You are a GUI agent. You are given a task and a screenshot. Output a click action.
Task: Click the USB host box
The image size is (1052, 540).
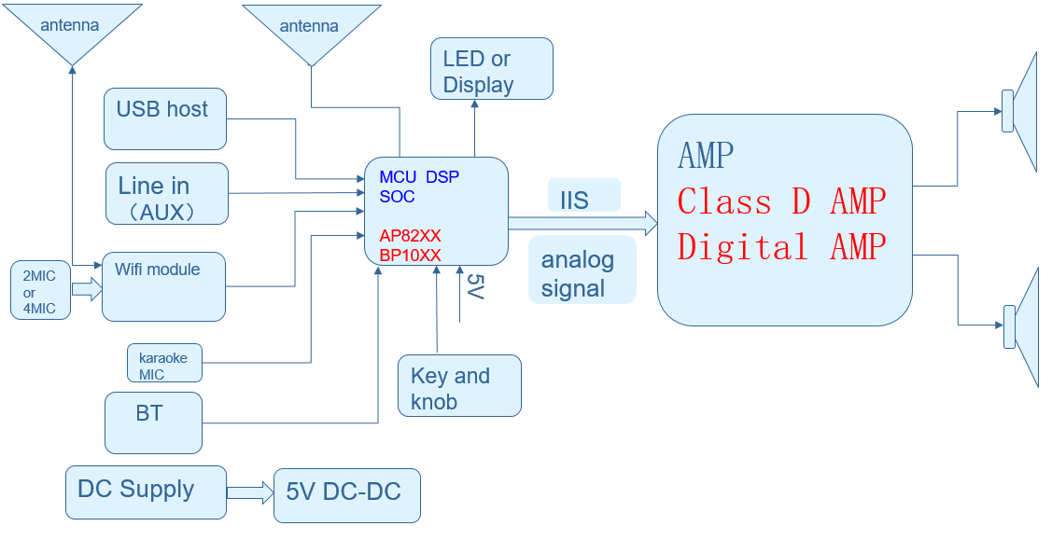click(x=165, y=118)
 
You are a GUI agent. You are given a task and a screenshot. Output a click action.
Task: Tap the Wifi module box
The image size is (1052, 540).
click(x=163, y=286)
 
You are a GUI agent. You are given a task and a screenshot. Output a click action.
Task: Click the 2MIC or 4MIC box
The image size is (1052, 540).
click(x=40, y=290)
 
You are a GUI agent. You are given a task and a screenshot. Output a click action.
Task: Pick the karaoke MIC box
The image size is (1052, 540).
click(x=164, y=364)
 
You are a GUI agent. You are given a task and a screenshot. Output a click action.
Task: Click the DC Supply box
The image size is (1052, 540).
click(x=146, y=492)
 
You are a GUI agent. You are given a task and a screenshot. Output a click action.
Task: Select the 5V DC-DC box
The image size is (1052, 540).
click(x=347, y=495)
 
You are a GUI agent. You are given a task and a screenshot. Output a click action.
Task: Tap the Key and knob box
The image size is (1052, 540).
click(x=458, y=385)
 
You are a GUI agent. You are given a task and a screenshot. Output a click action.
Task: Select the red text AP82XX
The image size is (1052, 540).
click(x=411, y=236)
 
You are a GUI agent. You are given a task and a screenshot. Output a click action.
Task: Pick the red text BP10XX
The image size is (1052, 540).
click(x=411, y=255)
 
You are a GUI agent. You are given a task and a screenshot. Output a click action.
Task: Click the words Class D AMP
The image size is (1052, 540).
click(x=781, y=201)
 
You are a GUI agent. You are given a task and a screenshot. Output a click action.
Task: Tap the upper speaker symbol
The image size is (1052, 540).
click(x=1022, y=112)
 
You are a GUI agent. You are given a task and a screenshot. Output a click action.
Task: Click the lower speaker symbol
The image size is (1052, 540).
click(x=1022, y=326)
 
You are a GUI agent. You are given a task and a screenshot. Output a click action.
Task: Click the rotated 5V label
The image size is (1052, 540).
click(x=473, y=286)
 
